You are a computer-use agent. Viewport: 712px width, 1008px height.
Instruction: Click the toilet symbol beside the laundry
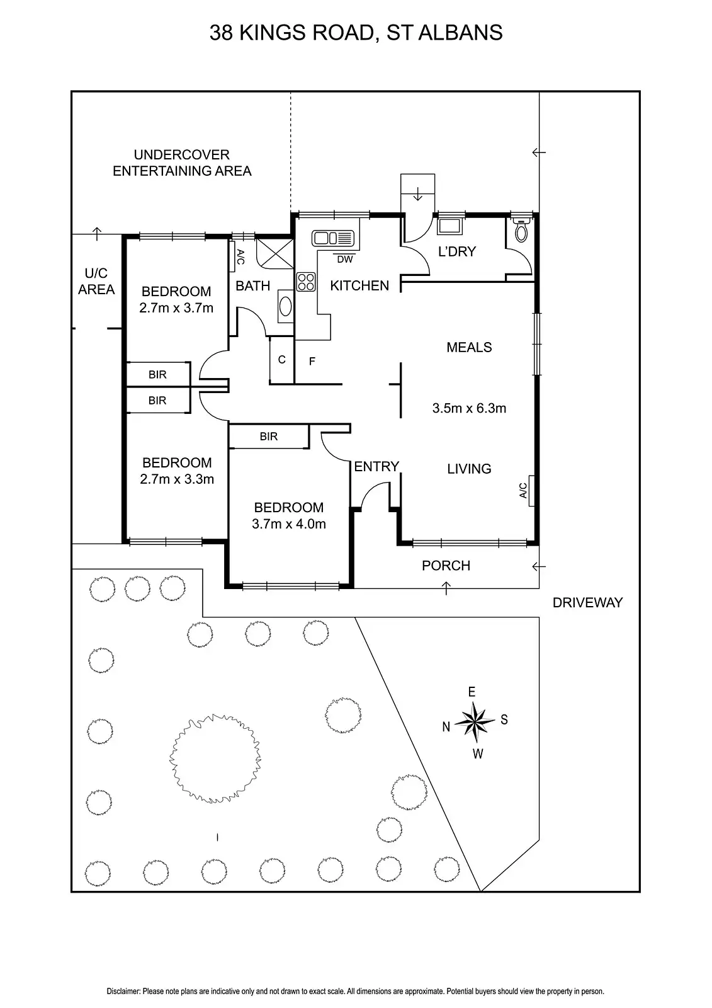coord(521,231)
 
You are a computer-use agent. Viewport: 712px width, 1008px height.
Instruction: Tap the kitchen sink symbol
coord(333,238)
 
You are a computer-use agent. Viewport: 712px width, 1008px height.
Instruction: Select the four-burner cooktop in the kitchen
coord(306,282)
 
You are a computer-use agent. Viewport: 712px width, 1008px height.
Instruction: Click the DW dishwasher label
coord(345,259)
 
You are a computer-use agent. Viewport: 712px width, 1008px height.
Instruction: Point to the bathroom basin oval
coord(285,306)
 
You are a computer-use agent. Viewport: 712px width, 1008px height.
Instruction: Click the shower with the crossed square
coord(275,254)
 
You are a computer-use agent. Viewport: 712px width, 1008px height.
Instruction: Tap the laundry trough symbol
coord(449,226)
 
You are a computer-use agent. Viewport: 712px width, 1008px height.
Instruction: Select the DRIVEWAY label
coord(587,602)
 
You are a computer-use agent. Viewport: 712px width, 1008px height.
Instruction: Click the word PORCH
coord(446,566)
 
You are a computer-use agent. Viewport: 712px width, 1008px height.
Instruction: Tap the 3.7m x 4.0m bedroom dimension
coord(289,524)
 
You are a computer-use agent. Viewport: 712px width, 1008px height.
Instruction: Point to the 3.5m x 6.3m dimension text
coord(469,408)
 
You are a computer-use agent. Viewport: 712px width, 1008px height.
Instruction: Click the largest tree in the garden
coord(215,759)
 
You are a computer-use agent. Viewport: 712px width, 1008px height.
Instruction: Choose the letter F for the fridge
coord(312,361)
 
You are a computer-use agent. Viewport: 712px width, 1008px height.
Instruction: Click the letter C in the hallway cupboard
coord(281,360)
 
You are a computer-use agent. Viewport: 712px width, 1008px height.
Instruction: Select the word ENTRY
coord(376,467)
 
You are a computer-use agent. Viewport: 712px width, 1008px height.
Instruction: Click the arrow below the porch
coord(446,588)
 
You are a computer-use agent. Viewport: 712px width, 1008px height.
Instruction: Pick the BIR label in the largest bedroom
coord(269,437)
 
